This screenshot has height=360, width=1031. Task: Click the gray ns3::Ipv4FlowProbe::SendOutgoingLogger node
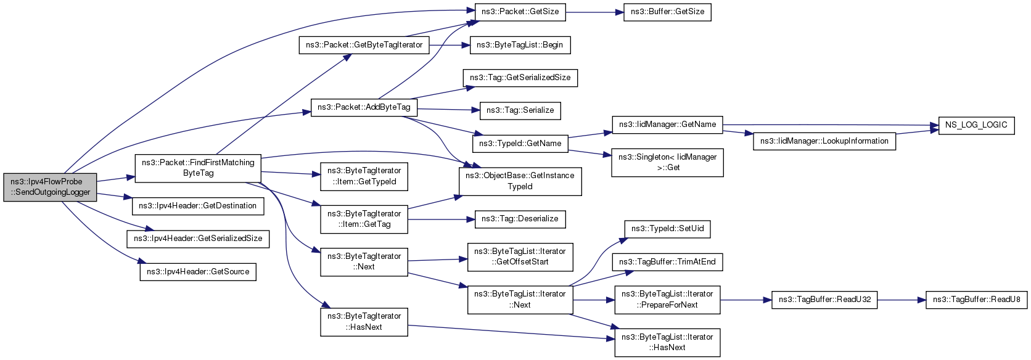click(x=50, y=187)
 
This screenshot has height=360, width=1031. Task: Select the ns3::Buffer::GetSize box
click(x=667, y=12)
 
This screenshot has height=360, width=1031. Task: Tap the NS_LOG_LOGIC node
click(x=976, y=125)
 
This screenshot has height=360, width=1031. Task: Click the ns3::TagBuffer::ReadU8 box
click(x=976, y=300)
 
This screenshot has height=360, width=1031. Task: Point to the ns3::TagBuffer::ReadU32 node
click(x=824, y=300)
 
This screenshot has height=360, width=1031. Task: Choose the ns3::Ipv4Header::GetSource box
click(x=198, y=272)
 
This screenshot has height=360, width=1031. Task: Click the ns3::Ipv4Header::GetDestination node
click(x=198, y=206)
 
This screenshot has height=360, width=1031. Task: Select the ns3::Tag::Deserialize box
click(x=520, y=219)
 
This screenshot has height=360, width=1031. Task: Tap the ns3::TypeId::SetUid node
click(x=667, y=229)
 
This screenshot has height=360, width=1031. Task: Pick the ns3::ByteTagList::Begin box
click(x=520, y=45)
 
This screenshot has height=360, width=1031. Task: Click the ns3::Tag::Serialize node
click(x=520, y=111)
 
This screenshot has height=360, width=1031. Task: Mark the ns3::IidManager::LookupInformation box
click(x=824, y=141)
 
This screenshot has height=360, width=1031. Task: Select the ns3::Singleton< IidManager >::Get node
click(x=667, y=163)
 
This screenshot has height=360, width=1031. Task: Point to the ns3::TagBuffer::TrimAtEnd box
click(x=667, y=262)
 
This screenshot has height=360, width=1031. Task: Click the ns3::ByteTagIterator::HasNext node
click(x=364, y=322)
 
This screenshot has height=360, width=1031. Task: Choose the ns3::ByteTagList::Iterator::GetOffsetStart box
click(x=520, y=257)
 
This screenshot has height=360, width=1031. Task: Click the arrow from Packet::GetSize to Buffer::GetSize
click(x=594, y=12)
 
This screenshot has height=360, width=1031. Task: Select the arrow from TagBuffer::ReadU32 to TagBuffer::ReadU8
click(x=902, y=300)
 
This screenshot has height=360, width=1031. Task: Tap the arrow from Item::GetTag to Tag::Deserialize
click(x=442, y=219)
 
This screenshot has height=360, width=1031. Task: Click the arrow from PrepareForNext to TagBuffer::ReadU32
click(x=746, y=300)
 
